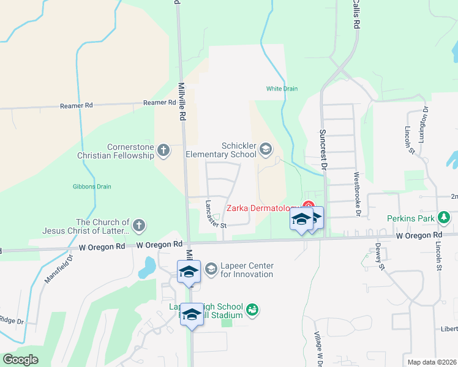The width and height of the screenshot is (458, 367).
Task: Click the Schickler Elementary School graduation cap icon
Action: [x=266, y=149]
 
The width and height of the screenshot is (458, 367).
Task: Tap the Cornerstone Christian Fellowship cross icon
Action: [x=163, y=149]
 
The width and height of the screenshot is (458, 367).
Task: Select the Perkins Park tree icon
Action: [x=445, y=218]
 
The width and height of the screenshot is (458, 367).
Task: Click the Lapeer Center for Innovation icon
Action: [x=211, y=269]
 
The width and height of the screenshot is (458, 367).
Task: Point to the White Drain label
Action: [x=282, y=89]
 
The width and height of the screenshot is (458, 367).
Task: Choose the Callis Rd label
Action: [x=355, y=15]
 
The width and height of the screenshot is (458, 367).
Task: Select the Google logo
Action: [x=20, y=359]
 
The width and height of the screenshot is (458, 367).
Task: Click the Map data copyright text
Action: [x=431, y=362]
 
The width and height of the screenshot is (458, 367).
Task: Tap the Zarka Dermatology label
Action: [x=263, y=208]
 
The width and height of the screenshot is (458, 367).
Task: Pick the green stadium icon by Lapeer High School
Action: [x=252, y=311]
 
